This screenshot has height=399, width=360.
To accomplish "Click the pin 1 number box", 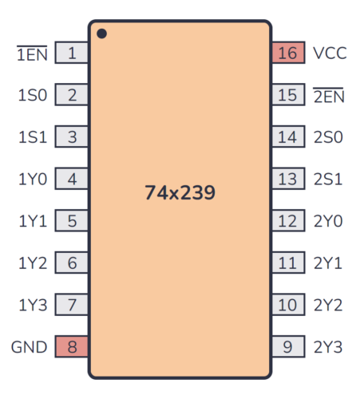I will (72, 53).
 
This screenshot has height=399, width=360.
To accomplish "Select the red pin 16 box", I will (287, 53).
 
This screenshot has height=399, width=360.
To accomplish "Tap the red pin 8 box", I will (72, 346).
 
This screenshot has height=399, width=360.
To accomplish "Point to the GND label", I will (29, 346).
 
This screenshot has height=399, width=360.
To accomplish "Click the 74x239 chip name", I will (180, 192).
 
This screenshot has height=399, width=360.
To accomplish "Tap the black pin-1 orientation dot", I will (101, 34).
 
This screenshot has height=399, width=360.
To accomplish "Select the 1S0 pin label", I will (33, 96).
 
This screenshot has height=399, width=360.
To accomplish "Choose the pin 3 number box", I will (72, 137).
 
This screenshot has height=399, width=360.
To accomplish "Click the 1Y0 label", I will (33, 179).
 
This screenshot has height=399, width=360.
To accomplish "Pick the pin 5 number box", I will (72, 221).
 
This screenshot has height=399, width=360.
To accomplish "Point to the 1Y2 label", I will (33, 263).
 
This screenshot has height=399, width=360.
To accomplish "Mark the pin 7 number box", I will (72, 304).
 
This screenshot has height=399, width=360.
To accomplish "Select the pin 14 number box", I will (287, 137).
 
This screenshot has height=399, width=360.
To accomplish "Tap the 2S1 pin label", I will (327, 179).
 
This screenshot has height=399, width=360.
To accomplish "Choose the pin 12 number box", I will (287, 221).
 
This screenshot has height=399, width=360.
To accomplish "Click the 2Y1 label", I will (327, 263).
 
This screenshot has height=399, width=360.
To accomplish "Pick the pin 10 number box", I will (287, 304).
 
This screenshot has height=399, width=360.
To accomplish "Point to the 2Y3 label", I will (327, 346).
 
